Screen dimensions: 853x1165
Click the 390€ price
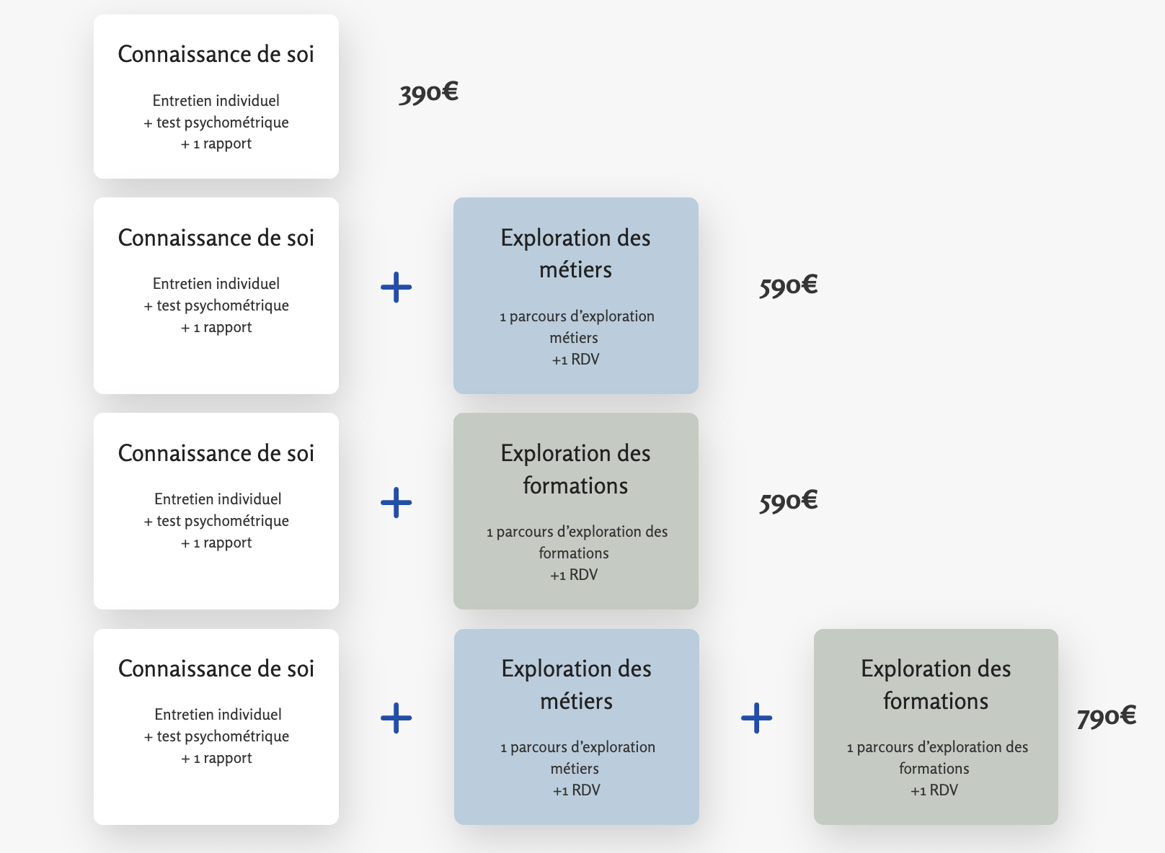coord(428,93)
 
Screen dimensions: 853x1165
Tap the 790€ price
coord(1106,717)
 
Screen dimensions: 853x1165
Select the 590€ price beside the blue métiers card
coord(788,286)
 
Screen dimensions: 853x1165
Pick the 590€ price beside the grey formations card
coord(788,501)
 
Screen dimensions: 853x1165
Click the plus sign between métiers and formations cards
coord(756,718)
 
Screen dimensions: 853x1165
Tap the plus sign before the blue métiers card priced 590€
coord(396,287)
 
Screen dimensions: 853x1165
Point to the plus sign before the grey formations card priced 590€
coord(396,503)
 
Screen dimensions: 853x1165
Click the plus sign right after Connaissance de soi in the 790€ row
coord(396,718)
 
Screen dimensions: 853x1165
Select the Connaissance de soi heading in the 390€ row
coord(216,55)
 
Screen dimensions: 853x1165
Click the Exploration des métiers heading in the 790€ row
coord(576,684)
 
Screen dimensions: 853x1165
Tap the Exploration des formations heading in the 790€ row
coord(936,684)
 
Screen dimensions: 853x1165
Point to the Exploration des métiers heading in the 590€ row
coord(575,254)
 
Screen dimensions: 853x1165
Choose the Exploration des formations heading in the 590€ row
coord(575,469)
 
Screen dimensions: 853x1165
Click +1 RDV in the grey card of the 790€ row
coord(934,790)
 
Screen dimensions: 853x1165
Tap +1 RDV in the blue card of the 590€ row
coord(575,359)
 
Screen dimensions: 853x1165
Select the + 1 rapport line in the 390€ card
coord(216,144)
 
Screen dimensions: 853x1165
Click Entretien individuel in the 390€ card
coord(216,101)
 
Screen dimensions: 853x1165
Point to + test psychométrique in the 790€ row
coord(216,736)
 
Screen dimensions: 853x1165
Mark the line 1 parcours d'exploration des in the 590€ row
coord(577,532)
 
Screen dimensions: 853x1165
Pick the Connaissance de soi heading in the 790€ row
coord(216,669)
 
